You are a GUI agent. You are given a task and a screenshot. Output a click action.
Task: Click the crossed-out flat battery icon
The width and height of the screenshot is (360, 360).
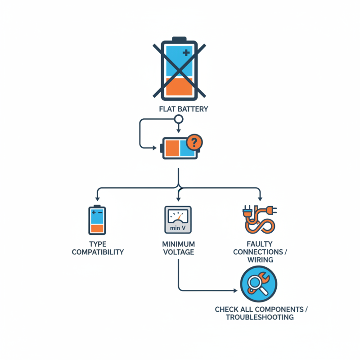click(179, 69)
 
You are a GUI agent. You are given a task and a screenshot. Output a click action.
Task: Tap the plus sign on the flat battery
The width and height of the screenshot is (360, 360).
click(186, 53)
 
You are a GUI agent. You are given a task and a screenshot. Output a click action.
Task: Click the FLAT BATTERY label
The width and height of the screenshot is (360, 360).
click(184, 109)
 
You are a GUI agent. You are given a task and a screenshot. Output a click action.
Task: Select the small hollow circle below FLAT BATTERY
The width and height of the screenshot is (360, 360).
click(179, 119)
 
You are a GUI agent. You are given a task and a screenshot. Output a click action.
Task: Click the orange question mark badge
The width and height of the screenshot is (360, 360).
click(194, 142)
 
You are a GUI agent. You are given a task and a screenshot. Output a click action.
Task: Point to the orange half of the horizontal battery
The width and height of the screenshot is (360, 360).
click(172, 148)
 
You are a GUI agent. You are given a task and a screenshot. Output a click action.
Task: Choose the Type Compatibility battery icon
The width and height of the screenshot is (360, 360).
click(97, 220)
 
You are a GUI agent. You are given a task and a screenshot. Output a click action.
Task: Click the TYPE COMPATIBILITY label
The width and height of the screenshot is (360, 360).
click(98, 248)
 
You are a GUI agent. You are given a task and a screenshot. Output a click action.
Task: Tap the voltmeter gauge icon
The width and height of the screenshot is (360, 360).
click(178, 220)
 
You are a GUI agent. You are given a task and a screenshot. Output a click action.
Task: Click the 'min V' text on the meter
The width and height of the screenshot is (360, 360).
click(178, 228)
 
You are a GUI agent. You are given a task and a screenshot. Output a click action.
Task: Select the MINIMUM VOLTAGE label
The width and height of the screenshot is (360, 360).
click(179, 248)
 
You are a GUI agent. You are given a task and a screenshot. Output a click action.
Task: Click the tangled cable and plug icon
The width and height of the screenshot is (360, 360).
click(260, 219)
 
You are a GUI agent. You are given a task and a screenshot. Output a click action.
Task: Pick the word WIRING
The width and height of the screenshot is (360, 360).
click(261, 260)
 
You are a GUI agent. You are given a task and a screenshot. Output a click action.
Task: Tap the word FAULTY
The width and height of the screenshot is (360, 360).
click(260, 244)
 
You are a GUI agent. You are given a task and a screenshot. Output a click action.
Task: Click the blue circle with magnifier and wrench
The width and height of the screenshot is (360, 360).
click(258, 284)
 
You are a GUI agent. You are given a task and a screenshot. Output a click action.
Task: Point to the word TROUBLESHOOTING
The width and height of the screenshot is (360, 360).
click(260, 317)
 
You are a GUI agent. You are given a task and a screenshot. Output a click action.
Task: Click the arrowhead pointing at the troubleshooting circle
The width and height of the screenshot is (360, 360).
click(235, 291)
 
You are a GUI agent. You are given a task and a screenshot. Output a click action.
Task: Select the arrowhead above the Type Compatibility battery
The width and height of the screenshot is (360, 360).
click(98, 198)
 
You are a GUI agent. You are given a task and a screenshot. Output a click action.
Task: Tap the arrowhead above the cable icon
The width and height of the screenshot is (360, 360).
click(260, 198)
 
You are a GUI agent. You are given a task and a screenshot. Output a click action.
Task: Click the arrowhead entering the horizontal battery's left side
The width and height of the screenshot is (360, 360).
click(155, 148)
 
